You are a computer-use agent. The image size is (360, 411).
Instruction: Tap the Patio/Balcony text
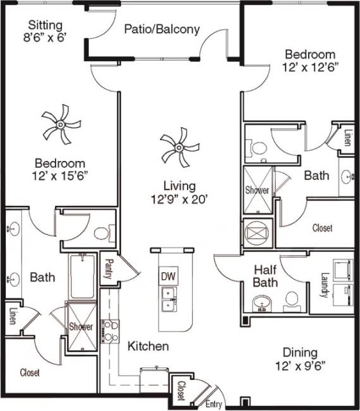[x=162, y=29]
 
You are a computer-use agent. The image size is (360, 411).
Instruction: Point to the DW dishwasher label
[x=167, y=276]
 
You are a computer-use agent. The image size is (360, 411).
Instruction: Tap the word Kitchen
[x=148, y=346]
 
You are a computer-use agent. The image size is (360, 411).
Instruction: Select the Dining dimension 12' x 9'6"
[x=300, y=365]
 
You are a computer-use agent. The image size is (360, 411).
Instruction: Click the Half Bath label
[x=266, y=275]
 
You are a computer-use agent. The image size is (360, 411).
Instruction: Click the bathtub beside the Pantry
[x=83, y=275]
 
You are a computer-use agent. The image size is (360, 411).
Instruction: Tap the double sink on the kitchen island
[x=167, y=299]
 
